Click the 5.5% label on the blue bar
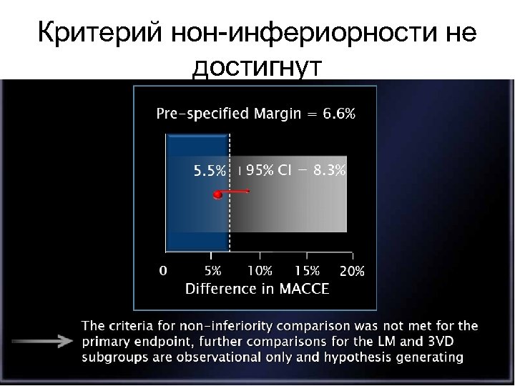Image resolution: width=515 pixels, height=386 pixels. [210, 172]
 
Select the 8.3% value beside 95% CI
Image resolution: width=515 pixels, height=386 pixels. [329, 171]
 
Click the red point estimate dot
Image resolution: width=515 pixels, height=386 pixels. [214, 194]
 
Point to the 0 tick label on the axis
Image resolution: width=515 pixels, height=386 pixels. [163, 272]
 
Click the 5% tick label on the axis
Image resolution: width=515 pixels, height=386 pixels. [213, 272]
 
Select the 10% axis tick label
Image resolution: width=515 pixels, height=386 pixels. [259, 272]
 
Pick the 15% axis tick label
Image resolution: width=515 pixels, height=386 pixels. [306, 272]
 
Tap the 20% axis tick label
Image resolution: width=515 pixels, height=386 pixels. [352, 272]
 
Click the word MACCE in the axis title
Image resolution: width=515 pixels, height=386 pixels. [300, 289]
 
